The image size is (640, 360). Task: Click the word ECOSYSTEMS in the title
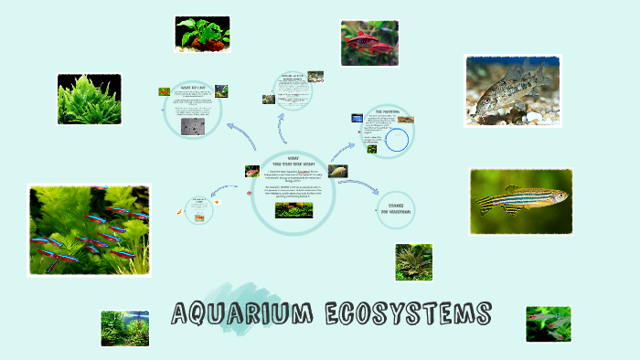pyautogui.click(x=407, y=315)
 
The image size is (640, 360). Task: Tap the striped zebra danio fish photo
pyautogui.click(x=520, y=201)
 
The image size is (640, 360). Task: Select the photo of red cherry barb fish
pyautogui.click(x=369, y=43)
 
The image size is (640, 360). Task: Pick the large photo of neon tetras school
pyautogui.click(x=88, y=229)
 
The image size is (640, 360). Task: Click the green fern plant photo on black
pyautogui.click(x=90, y=100)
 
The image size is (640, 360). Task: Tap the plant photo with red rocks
pyautogui.click(x=202, y=35)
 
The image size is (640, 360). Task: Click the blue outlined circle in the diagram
pyautogui.click(x=397, y=140)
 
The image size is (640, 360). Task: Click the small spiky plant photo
pyautogui.click(x=414, y=261)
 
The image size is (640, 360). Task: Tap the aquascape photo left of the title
pyautogui.click(x=124, y=328)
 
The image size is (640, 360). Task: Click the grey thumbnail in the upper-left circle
pyautogui.click(x=193, y=126)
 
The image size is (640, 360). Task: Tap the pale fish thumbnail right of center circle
pyautogui.click(x=338, y=170)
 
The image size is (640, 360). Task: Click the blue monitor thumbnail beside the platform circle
pyautogui.click(x=358, y=118)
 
